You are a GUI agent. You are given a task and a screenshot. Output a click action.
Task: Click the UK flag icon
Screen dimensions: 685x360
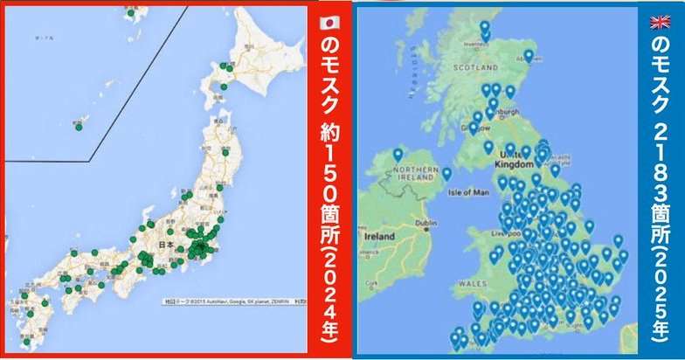pos(659,22)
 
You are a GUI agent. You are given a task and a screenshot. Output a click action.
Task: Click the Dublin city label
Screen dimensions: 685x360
pos(426,224)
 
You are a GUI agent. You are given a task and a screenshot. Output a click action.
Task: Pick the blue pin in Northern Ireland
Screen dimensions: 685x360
pos(398,154)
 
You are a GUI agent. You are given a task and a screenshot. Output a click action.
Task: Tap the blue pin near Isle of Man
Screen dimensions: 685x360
pos(446,172)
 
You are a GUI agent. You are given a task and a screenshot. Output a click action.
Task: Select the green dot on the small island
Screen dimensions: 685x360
pos(79,127)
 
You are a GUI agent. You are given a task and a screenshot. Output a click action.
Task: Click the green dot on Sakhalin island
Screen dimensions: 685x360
pos(130,12)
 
